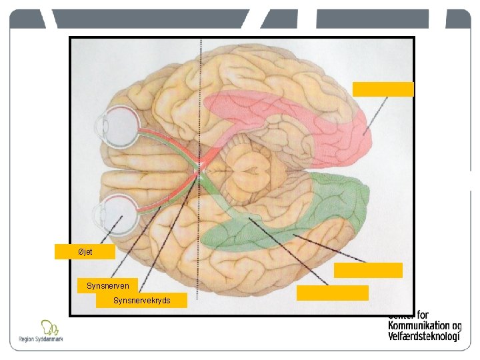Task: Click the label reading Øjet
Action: tap(85, 252)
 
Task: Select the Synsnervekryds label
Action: tap(141, 301)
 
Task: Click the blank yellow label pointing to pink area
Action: tap(383, 89)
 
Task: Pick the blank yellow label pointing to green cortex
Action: tap(368, 270)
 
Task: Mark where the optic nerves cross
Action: tap(198, 169)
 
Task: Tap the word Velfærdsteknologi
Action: tap(424, 336)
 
